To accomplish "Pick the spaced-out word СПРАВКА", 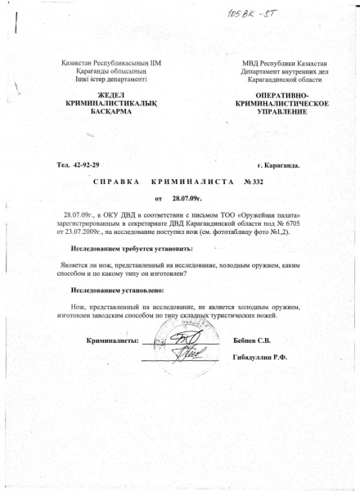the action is tap(119, 181).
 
